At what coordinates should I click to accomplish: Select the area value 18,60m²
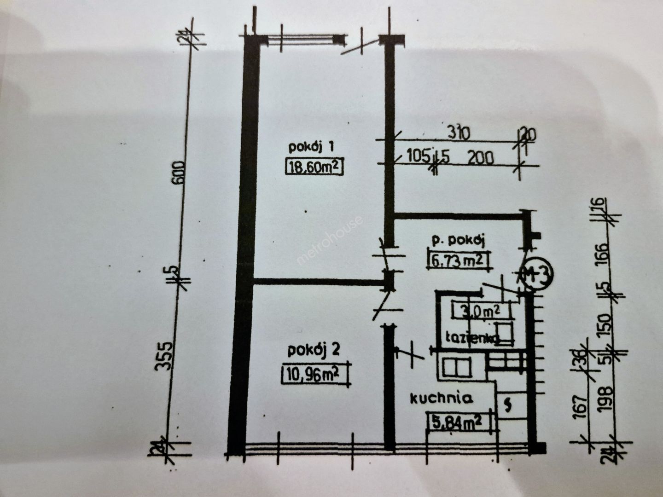pos(314,166)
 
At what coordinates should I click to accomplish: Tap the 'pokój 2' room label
pos(314,351)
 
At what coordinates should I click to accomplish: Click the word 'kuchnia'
pos(442,398)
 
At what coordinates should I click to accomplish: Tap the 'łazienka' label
pos(472,338)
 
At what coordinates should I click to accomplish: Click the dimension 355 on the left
pos(163,356)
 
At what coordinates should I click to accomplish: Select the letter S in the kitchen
pos(508,405)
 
